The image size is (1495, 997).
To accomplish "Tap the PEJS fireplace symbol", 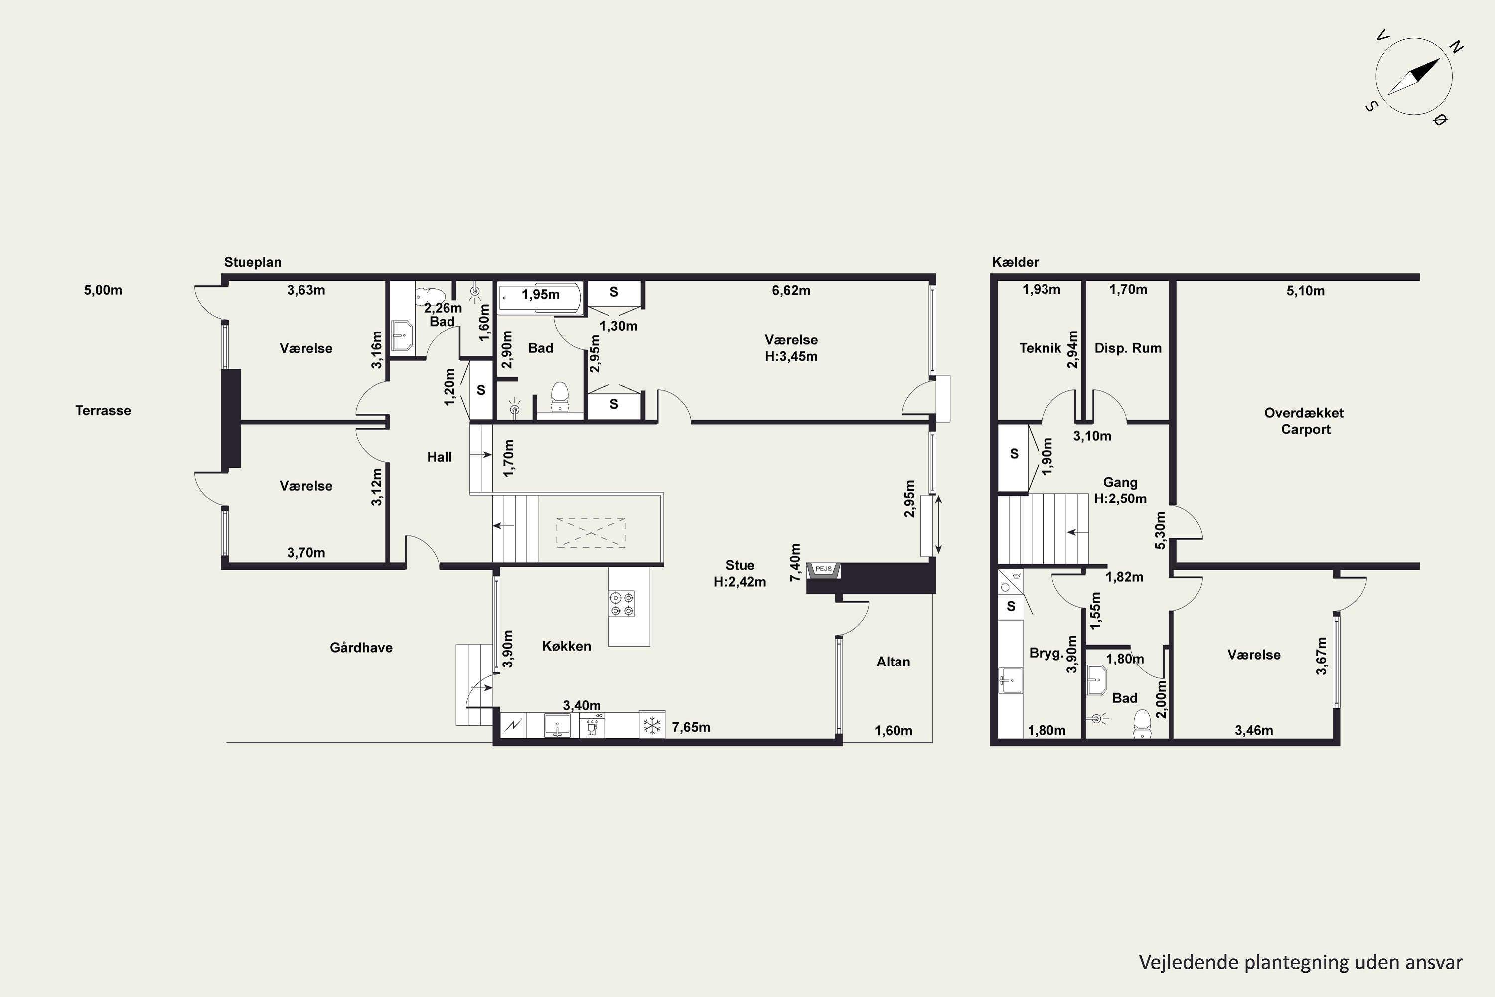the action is coord(824,570).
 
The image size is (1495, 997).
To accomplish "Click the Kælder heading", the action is coord(1015,262).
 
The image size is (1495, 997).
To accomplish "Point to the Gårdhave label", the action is coord(361,647).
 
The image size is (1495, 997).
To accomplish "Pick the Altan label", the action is coord(893,662).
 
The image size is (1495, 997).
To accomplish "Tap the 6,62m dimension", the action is coord(791,291).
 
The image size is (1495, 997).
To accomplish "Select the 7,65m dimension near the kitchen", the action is coord(691,727).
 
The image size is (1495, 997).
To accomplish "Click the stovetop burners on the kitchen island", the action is coord(621,604).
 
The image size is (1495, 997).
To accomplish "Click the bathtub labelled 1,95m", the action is coord(540,298).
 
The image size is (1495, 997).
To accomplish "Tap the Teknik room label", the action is coord(1040,348).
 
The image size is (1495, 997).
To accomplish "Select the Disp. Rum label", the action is coord(1128,348).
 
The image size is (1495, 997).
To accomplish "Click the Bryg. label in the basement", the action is coord(1046,653).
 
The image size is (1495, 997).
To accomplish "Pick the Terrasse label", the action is coord(103,411).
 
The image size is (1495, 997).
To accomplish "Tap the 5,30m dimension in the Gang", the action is coord(1160,530).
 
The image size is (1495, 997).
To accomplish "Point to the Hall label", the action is coord(439,457).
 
